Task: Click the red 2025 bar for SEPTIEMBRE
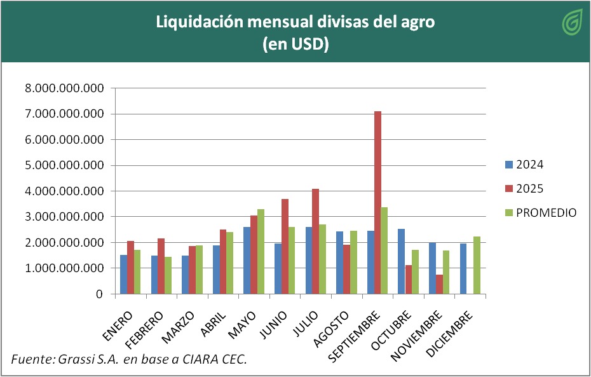tap(378, 202)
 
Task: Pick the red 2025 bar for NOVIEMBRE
tap(440, 284)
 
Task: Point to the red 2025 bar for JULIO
tap(316, 241)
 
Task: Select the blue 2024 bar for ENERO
tap(123, 274)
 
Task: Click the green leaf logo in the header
tap(573, 23)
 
